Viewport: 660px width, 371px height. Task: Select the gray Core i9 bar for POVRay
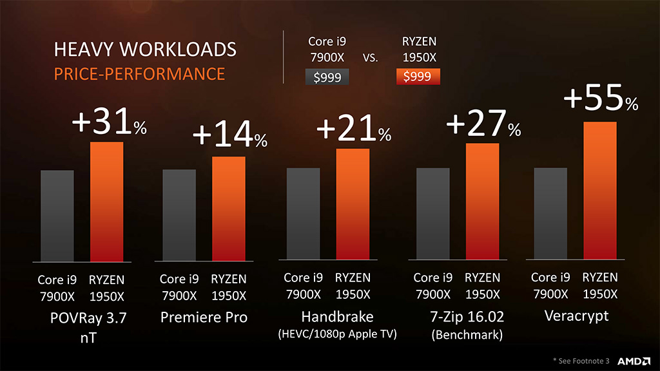click(x=57, y=216)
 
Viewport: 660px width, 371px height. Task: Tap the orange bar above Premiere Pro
click(x=228, y=209)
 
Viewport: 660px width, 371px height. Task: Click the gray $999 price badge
click(x=327, y=77)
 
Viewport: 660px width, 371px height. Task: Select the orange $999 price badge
click(x=418, y=77)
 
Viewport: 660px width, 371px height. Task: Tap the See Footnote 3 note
click(x=581, y=361)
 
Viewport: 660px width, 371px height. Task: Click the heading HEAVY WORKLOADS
click(x=145, y=50)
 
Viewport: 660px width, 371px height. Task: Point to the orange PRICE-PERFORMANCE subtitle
click(x=139, y=73)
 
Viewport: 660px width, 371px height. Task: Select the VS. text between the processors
click(x=370, y=58)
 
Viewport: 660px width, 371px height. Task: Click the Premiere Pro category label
click(x=204, y=317)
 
